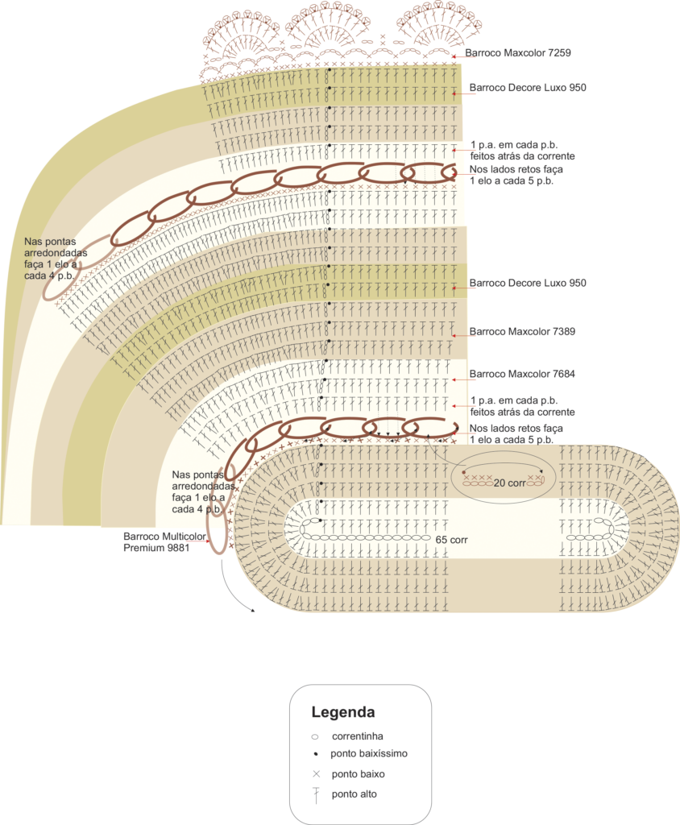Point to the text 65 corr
[451, 539]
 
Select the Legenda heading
[343, 712]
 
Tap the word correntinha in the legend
[357, 736]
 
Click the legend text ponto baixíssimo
[368, 754]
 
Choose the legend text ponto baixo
[358, 773]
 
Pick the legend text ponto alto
[354, 794]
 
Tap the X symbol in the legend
[316, 773]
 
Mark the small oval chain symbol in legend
[315, 736]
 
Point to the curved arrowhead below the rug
[252, 610]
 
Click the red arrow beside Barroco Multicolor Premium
[209, 542]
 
